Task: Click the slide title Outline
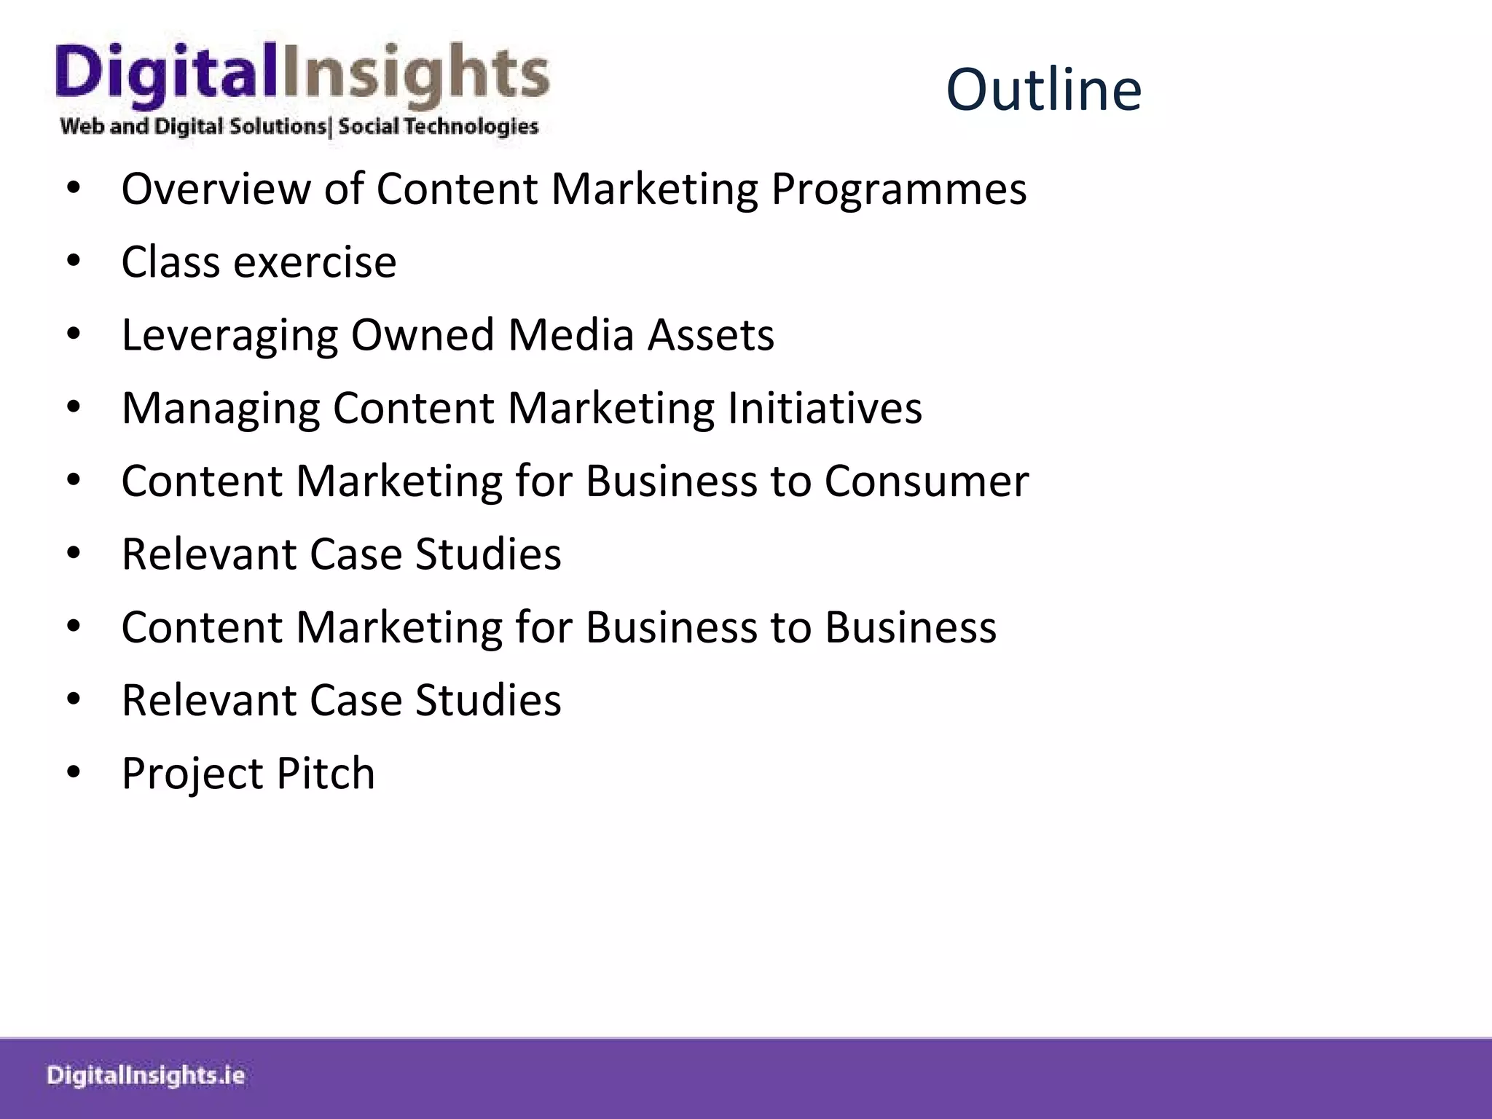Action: [x=1043, y=90]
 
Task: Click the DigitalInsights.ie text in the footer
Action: [x=146, y=1075]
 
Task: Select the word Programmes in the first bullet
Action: [x=899, y=189]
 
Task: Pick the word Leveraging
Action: [x=229, y=335]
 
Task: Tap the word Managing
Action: [x=221, y=408]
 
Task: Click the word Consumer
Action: [x=927, y=482]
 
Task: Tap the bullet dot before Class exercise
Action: [x=74, y=262]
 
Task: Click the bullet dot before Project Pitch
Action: [x=74, y=772]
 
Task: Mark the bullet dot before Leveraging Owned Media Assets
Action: [x=74, y=334]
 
